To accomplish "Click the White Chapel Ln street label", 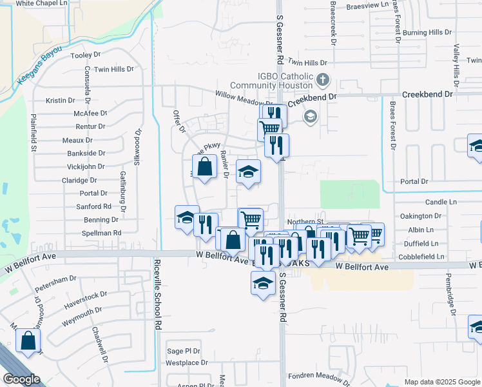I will (42, 4).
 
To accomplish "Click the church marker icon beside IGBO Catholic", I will (323, 81).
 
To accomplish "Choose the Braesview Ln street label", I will (368, 5).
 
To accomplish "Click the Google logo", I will (22, 379).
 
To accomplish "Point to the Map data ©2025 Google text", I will (442, 382).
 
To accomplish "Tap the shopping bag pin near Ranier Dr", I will (204, 167).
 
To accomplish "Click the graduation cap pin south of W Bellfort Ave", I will (263, 283).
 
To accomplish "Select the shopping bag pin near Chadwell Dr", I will (28, 341).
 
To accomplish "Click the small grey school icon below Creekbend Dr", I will (310, 117).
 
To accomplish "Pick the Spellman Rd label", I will (102, 233).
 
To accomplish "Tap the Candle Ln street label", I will (441, 203).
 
